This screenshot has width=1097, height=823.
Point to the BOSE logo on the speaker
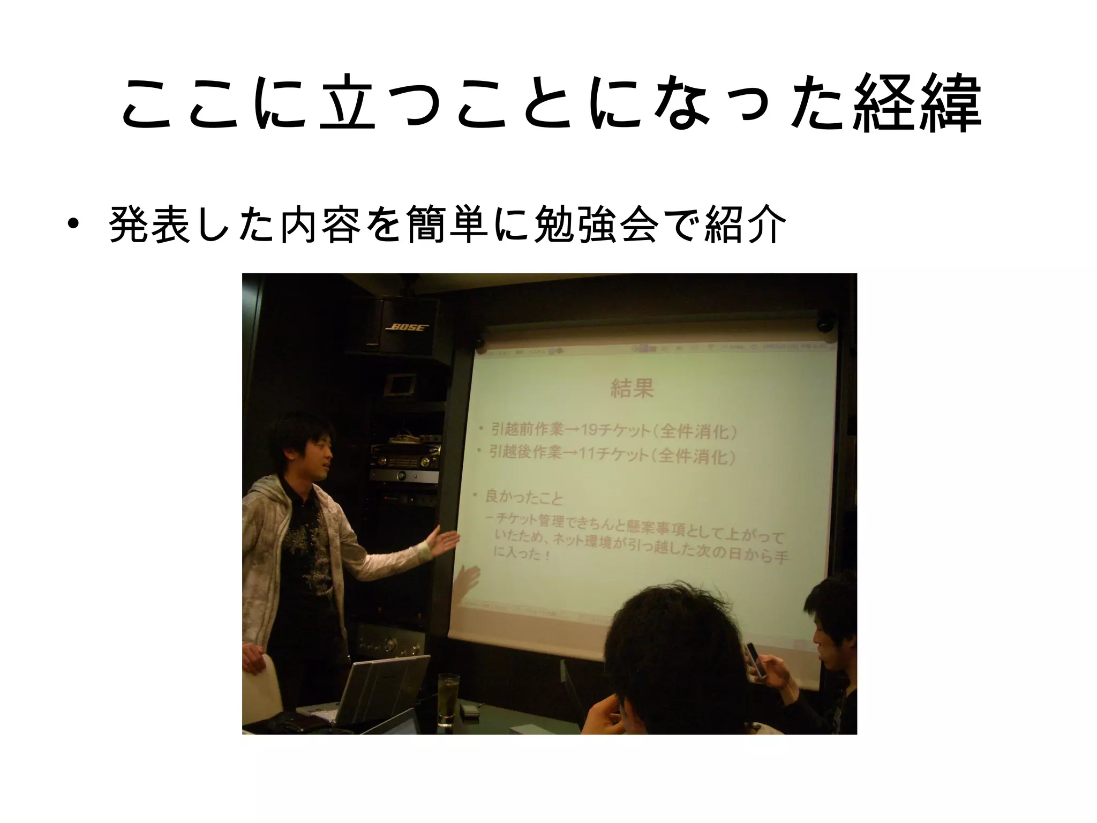[408, 326]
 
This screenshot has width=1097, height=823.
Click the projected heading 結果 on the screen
[632, 388]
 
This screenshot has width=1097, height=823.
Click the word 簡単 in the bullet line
[447, 224]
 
